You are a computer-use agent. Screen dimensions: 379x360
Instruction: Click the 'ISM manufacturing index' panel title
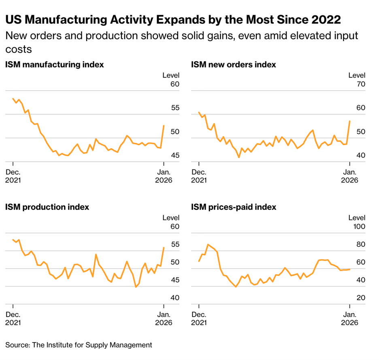54,64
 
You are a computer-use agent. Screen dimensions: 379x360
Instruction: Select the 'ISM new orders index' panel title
234,64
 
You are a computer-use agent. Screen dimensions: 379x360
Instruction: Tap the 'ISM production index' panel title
47,207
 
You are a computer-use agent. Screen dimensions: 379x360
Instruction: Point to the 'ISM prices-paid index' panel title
234,207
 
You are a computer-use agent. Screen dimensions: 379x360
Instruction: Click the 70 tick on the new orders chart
361,84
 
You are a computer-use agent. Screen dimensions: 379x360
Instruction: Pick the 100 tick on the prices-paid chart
359,227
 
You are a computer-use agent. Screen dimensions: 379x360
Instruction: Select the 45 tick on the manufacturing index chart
175,155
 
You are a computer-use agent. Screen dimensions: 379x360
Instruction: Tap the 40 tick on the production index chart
175,298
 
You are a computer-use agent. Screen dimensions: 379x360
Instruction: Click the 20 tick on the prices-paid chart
361,298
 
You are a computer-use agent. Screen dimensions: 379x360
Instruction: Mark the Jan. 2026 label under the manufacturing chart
164,176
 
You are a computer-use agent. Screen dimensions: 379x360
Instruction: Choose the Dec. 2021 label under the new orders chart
199,176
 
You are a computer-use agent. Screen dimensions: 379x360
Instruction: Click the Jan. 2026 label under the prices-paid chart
349,318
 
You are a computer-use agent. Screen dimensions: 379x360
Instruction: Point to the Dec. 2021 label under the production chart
13,318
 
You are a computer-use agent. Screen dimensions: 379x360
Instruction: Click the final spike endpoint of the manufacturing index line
164,125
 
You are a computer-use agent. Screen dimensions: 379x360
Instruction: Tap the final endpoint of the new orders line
350,121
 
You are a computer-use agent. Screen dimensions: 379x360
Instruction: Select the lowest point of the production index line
136,287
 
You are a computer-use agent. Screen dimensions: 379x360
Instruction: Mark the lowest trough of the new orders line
239,157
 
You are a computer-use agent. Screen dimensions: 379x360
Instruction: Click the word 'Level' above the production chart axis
171,218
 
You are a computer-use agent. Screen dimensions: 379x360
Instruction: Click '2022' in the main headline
326,19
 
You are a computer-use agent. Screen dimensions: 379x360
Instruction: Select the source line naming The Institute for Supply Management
79,345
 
